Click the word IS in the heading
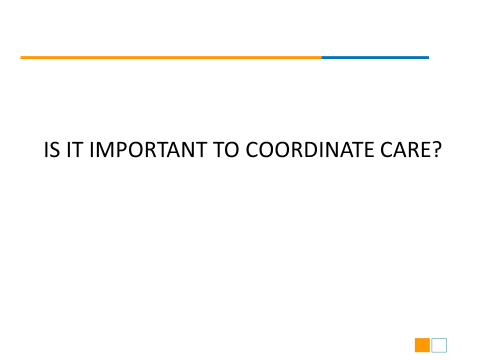pos(52,149)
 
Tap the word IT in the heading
pos(75,149)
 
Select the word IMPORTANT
pos(148,149)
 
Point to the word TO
pos(226,149)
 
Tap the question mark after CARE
pos(436,149)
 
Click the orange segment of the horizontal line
pos(171,57)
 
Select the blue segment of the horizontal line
pos(375,57)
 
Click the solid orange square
pos(422,345)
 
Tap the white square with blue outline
pos(439,345)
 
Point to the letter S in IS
pos(55,149)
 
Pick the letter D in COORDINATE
pos(311,149)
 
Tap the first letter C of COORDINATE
pos(252,149)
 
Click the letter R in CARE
pos(413,149)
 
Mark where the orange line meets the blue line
pos(321,57)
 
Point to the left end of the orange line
pos(20,57)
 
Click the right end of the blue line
pos(429,57)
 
